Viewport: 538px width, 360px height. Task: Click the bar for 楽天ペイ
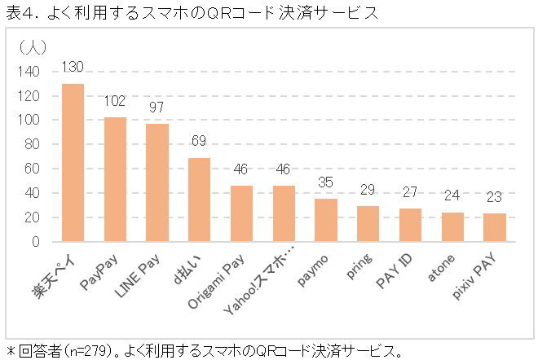click(73, 163)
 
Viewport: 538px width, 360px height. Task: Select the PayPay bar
click(115, 180)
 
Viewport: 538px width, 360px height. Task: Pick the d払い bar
click(199, 200)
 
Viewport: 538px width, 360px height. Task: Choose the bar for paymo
click(326, 221)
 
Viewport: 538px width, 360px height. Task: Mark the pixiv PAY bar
click(494, 228)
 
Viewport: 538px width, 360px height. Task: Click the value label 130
click(73, 67)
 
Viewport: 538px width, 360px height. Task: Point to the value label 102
click(115, 102)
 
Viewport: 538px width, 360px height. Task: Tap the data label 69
click(199, 141)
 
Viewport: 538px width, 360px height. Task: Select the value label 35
click(326, 182)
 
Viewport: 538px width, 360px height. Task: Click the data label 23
click(494, 197)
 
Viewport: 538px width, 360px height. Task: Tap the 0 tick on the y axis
click(35, 242)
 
